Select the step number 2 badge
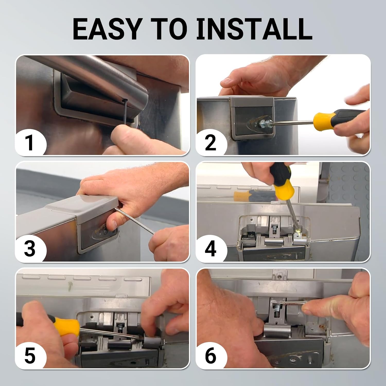tap(210, 143)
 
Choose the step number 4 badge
tap(210, 249)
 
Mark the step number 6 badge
tap(210, 356)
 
